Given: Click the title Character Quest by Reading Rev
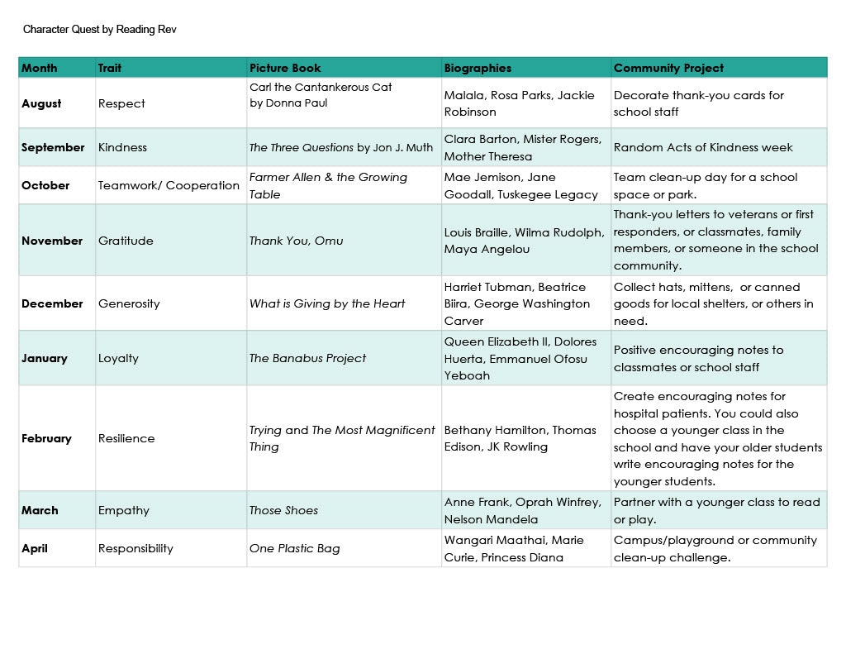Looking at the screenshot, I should (x=100, y=30).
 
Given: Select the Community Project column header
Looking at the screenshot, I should (x=668, y=68).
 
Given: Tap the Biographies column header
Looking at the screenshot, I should (x=478, y=68).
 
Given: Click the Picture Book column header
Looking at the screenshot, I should (x=285, y=68).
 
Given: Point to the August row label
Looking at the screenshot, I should (x=41, y=103).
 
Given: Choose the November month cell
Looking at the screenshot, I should (x=52, y=241).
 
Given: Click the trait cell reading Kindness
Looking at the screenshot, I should (x=122, y=147).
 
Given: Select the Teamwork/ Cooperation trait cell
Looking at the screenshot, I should (x=169, y=185).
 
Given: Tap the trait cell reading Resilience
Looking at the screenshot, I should (x=126, y=438).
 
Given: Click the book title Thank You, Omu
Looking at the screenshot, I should (x=296, y=241).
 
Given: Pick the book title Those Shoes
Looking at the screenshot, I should (x=283, y=510).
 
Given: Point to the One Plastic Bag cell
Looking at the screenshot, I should (x=294, y=548).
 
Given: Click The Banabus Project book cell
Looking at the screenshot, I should (x=307, y=358).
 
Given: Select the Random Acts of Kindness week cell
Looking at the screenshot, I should (x=703, y=147).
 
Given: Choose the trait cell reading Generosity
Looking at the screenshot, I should (x=129, y=303).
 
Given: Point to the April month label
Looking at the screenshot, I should (x=36, y=548).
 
